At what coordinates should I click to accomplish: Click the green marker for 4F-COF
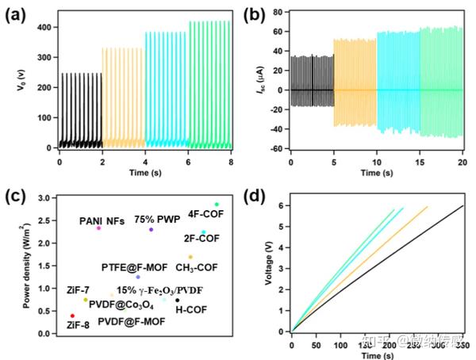point(216,205)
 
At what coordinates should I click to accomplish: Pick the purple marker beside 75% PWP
point(151,230)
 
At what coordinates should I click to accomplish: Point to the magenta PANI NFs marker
point(98,228)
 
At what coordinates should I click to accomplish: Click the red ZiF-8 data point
point(72,316)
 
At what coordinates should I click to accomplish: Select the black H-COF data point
point(177,300)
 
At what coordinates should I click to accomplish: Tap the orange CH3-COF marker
point(190,257)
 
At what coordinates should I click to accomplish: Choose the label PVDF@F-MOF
point(131,322)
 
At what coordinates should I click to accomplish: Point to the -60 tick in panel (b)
point(278,148)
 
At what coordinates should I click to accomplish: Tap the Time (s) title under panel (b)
point(377,172)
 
